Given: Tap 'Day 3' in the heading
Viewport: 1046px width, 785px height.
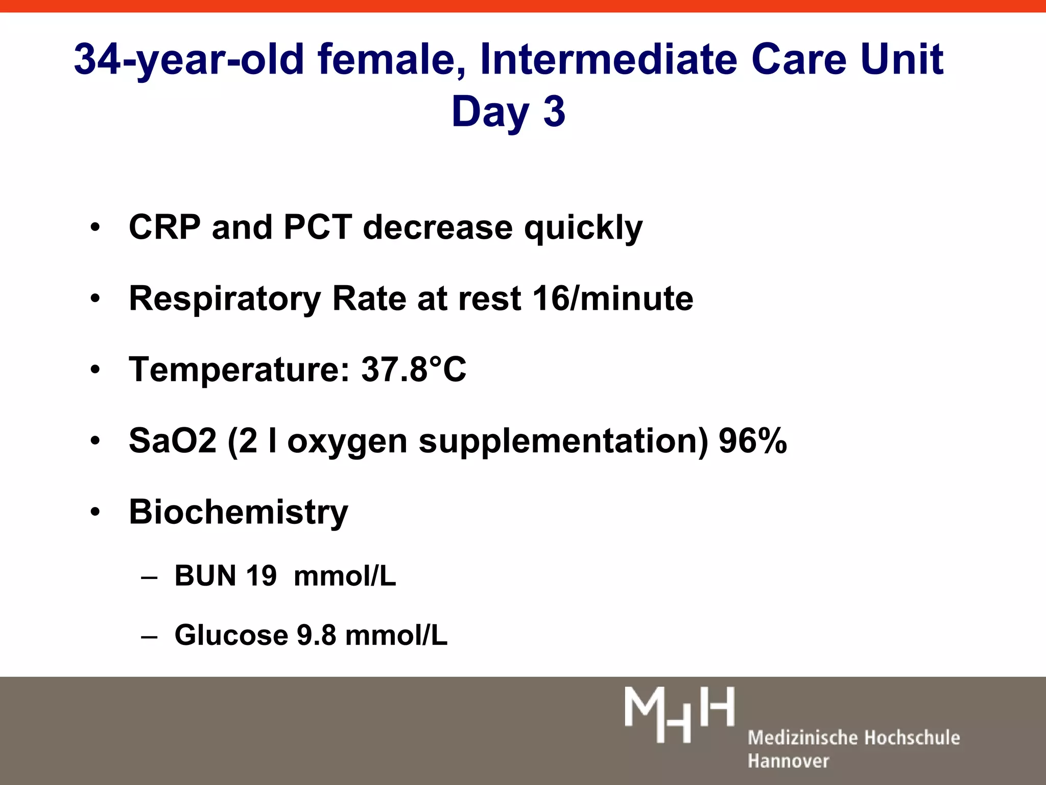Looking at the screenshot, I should pyautogui.click(x=508, y=112).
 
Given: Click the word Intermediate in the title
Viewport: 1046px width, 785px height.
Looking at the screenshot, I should pyautogui.click(x=608, y=59).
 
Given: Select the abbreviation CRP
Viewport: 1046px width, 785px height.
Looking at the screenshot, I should pyautogui.click(x=164, y=227).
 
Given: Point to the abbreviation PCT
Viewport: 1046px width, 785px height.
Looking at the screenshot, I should pyautogui.click(x=318, y=227).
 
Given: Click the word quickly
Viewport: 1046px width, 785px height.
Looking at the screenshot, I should pyautogui.click(x=583, y=228).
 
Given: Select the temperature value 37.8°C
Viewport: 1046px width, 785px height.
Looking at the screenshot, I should pyautogui.click(x=414, y=369).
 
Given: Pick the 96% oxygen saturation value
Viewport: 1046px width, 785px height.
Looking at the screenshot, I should pyautogui.click(x=752, y=441).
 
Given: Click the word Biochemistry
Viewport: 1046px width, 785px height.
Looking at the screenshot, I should pyautogui.click(x=239, y=512).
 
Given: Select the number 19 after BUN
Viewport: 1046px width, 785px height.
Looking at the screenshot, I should pyautogui.click(x=261, y=576).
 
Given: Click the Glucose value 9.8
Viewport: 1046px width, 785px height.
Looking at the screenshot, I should pyautogui.click(x=316, y=635).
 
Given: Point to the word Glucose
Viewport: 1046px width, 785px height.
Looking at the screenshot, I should pyautogui.click(x=231, y=635).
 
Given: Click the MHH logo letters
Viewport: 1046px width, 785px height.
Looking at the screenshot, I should pyautogui.click(x=679, y=714).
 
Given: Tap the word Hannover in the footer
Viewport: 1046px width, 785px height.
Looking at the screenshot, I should pyautogui.click(x=788, y=761).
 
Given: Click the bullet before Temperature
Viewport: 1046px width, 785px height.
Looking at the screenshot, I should pyautogui.click(x=96, y=370).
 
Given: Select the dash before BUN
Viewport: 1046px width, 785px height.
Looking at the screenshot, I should pyautogui.click(x=149, y=578).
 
